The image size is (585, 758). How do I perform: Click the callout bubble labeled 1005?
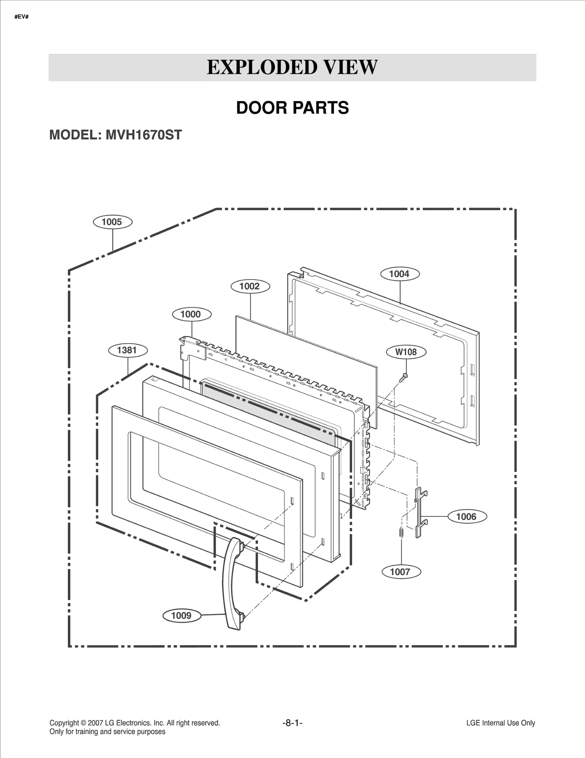point(112,222)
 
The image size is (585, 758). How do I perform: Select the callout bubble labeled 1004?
point(400,274)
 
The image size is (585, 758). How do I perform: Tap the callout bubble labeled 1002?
point(250,286)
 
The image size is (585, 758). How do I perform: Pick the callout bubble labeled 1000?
point(191,314)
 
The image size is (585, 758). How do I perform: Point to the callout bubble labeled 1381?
point(128,350)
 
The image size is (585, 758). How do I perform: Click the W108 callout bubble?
point(406,352)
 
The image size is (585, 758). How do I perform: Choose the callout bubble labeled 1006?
point(467,517)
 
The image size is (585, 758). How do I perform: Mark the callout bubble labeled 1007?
point(401,572)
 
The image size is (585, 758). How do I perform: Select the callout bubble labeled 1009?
point(181,615)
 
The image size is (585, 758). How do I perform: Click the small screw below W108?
point(404,377)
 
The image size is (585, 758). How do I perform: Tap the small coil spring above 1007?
point(401,533)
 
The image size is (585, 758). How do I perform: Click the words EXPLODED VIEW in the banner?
point(292,67)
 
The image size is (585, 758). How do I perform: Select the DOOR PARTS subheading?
point(292,108)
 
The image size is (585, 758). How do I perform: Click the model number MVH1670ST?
point(143,135)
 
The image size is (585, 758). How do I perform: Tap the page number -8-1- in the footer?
point(292,723)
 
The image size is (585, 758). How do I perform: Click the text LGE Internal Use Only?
point(500,723)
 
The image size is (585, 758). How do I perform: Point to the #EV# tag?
point(22,17)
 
